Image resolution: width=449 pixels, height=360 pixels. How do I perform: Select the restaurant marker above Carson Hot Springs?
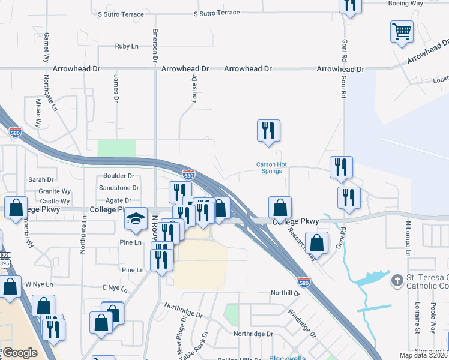[x=268, y=130]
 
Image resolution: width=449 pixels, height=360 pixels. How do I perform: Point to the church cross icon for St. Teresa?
[x=397, y=281]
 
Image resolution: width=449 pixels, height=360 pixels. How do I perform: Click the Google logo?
[x=20, y=352]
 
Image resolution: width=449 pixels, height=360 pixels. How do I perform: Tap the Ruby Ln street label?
[x=127, y=46]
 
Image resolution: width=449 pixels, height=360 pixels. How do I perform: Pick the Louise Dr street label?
[x=194, y=89]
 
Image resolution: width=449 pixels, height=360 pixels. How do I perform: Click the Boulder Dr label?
[x=118, y=176]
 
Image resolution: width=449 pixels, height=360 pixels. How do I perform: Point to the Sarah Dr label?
[x=41, y=179]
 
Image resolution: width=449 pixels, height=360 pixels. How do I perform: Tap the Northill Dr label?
[x=285, y=293]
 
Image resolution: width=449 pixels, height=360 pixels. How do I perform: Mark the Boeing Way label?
[x=422, y=3]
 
